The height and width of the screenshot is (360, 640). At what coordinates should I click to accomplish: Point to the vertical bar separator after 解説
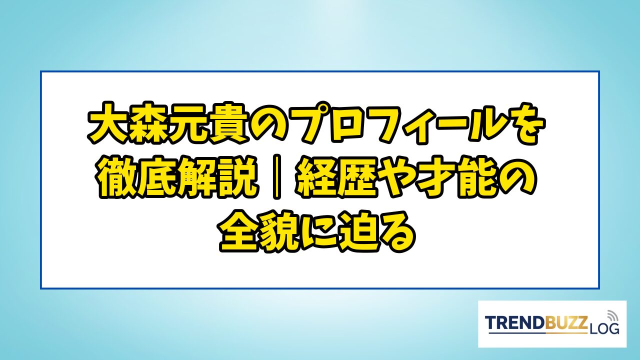(x=276, y=177)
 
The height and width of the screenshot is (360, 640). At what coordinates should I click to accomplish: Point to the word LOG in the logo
(x=604, y=329)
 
